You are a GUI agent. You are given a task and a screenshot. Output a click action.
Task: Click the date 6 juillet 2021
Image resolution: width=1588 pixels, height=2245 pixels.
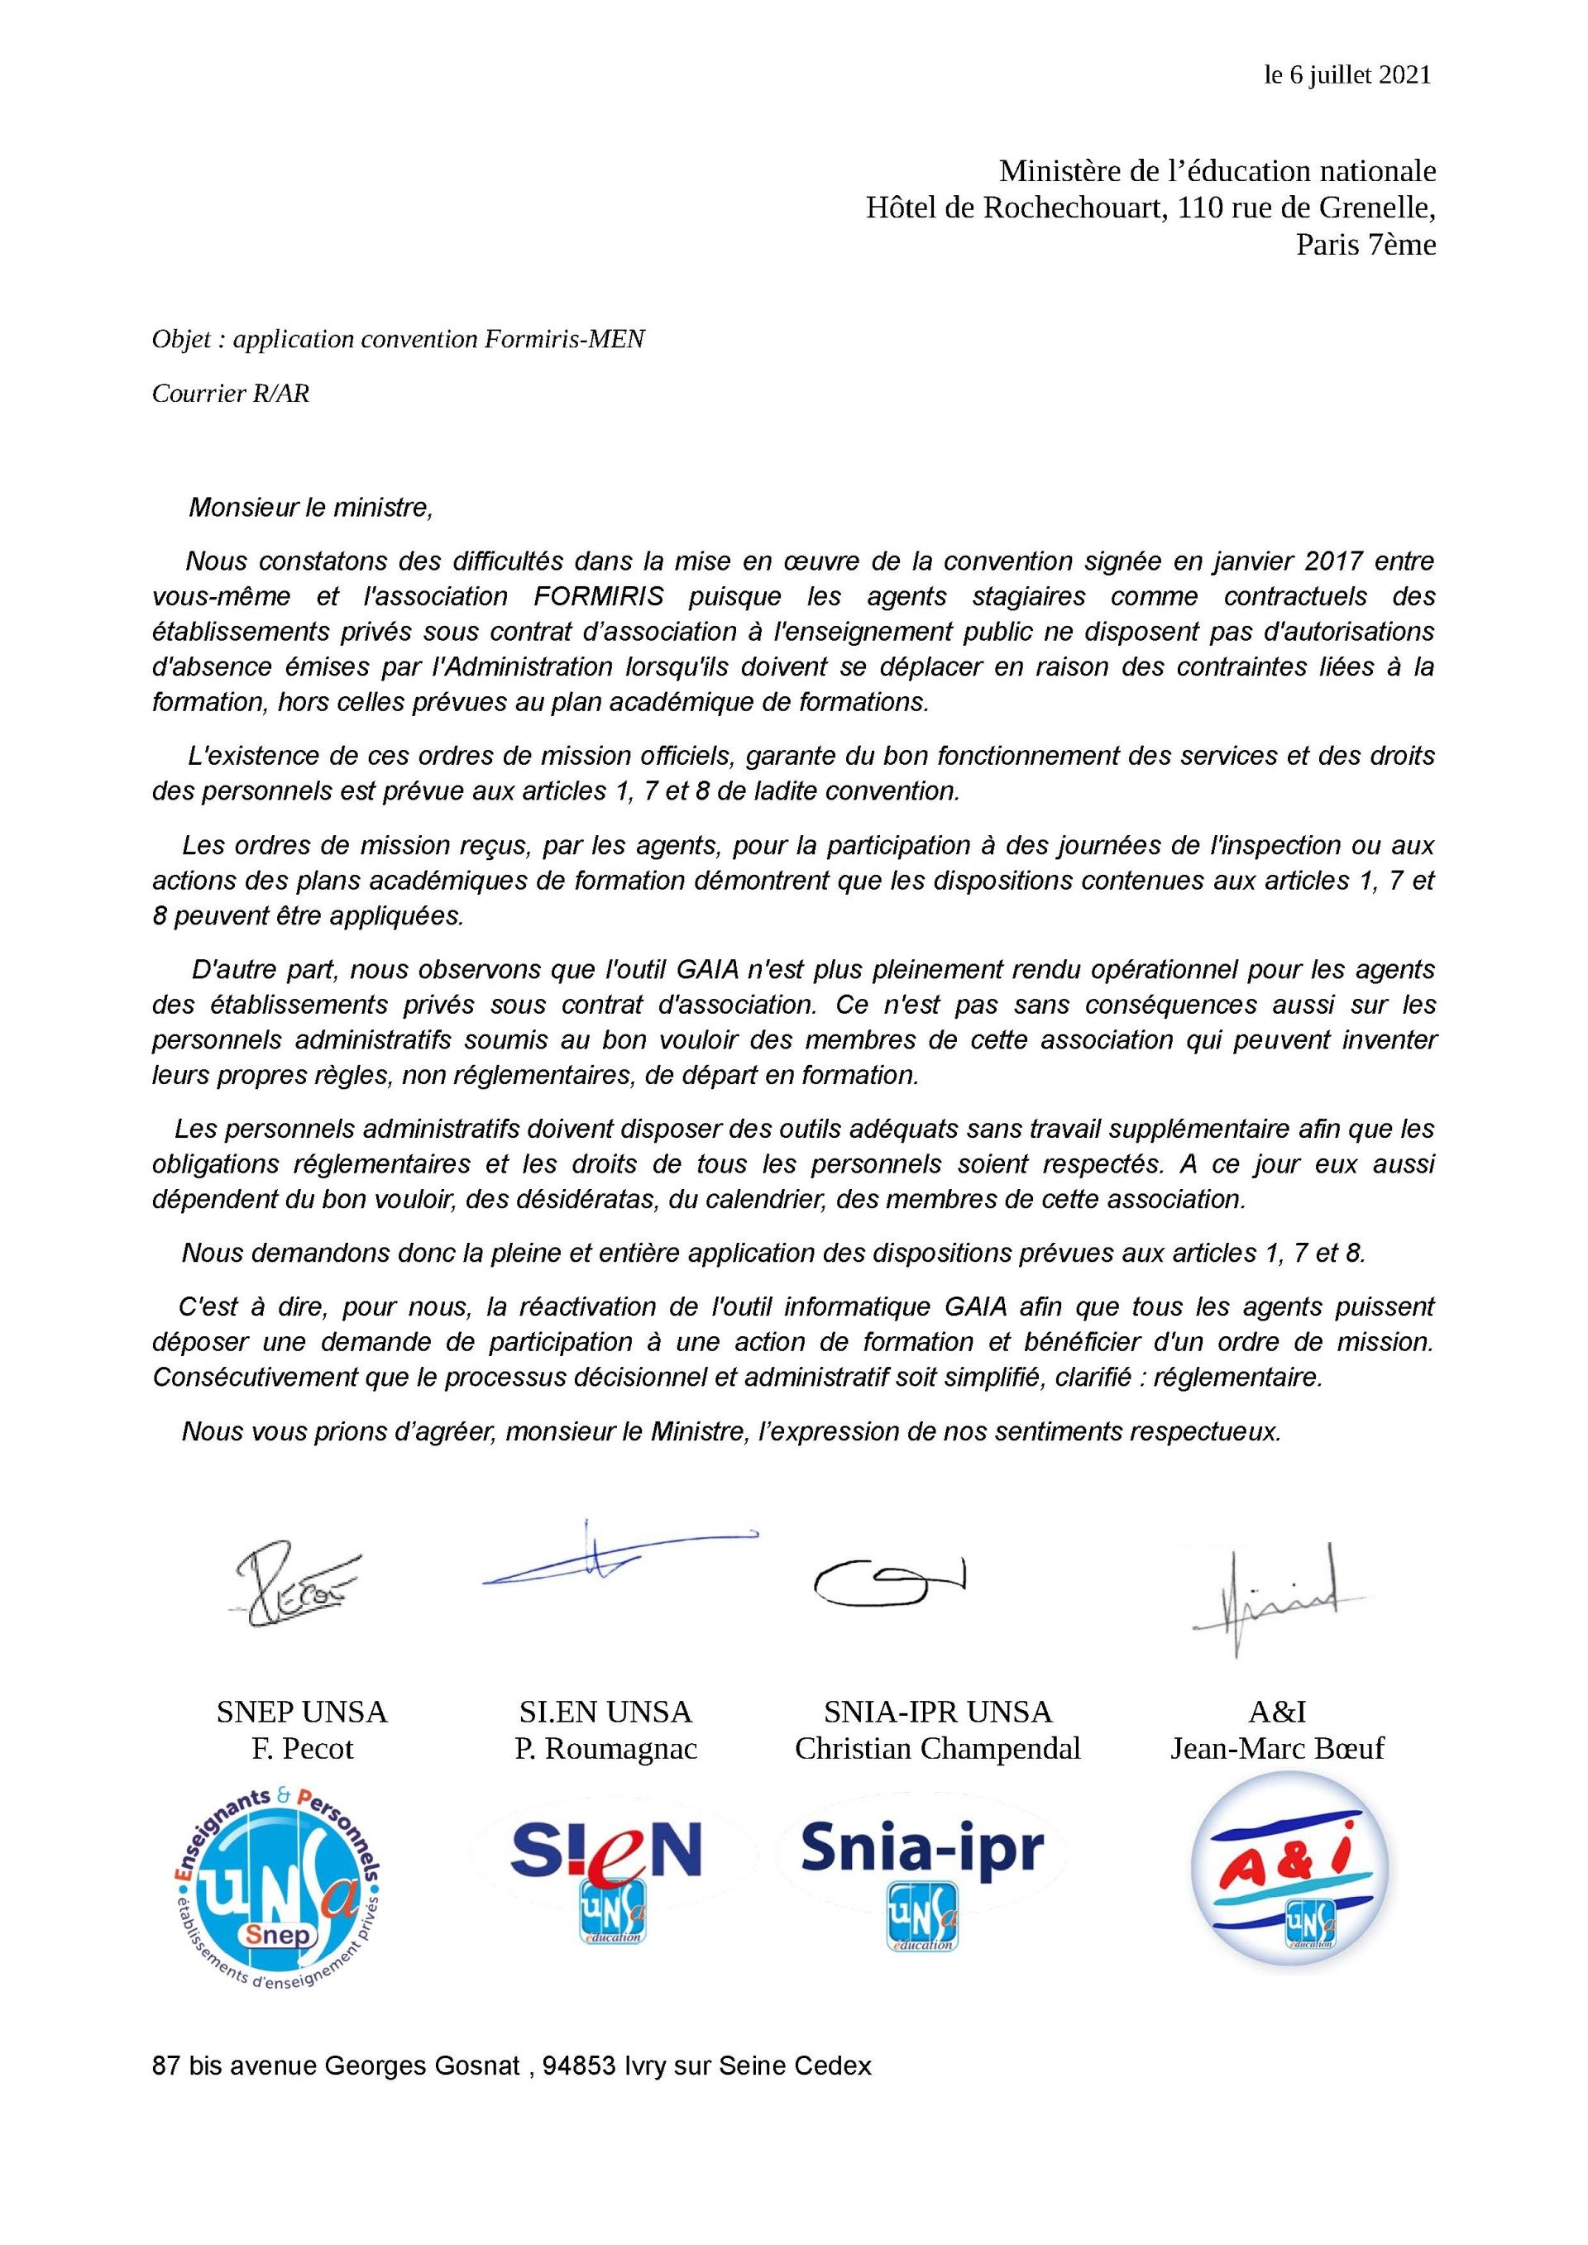tap(1358, 75)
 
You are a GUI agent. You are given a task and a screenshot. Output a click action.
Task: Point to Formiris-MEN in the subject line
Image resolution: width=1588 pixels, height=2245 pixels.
tap(563, 339)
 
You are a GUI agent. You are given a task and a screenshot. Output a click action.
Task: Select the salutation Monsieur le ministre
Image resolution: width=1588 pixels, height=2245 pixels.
tap(309, 508)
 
